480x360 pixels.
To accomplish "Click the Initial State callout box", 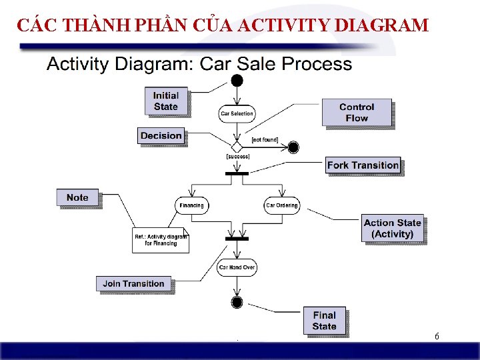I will [x=166, y=101].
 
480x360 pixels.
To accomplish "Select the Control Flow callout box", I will [x=356, y=112].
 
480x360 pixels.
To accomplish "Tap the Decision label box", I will [x=161, y=135].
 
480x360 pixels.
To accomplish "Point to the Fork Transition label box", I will [x=363, y=165].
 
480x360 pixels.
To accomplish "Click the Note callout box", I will [x=77, y=197].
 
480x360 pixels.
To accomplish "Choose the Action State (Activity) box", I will [x=392, y=228].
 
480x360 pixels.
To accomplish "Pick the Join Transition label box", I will [x=133, y=283].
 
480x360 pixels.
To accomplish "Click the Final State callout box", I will [x=324, y=320].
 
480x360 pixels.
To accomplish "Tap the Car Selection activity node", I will [x=237, y=113].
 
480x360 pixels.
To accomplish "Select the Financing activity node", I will [x=191, y=205].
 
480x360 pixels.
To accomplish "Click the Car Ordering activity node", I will [x=281, y=205].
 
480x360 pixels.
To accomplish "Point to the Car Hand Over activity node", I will [x=237, y=267].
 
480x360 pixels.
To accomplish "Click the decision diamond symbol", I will [x=236, y=147].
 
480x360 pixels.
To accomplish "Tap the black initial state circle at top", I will [x=237, y=81].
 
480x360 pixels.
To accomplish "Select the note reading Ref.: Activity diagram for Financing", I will [x=161, y=240].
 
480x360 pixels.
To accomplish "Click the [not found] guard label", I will [x=265, y=140].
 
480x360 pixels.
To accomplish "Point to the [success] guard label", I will [x=238, y=157].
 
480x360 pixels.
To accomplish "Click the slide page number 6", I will [x=436, y=337].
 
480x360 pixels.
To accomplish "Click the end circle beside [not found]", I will [x=293, y=147].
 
